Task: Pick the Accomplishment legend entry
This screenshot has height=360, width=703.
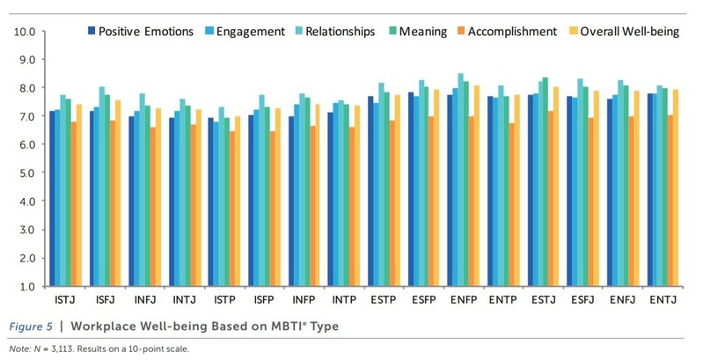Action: pyautogui.click(x=513, y=32)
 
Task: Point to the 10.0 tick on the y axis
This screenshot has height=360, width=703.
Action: pyautogui.click(x=23, y=33)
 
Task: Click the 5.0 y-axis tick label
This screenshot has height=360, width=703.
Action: pyautogui.click(x=23, y=173)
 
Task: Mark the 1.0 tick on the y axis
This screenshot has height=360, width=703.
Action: pyautogui.click(x=23, y=286)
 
